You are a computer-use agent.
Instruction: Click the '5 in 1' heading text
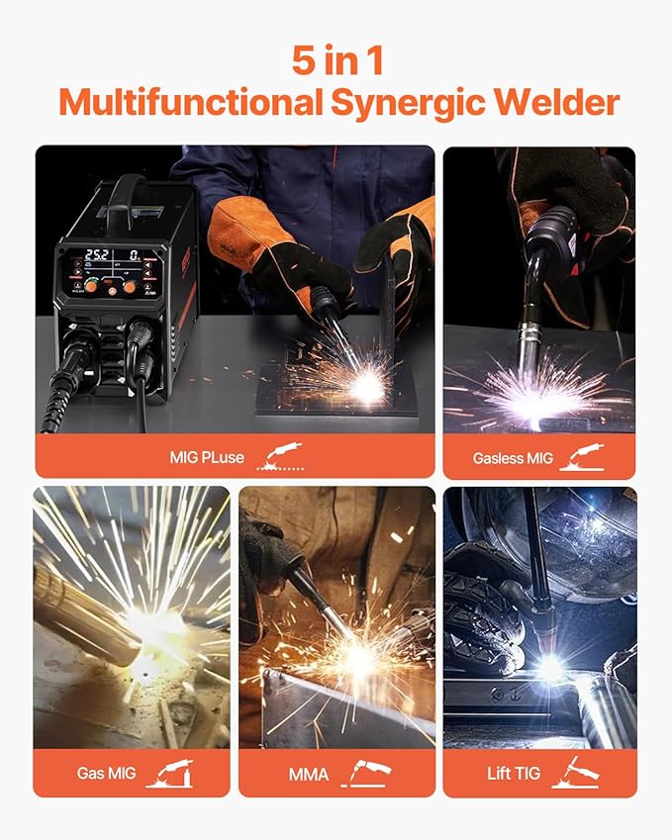point(337,60)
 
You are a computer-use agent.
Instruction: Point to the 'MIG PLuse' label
point(208,458)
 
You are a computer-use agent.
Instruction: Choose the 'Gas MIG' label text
point(108,774)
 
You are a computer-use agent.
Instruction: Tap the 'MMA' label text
point(309,774)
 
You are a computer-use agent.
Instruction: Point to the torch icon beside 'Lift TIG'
point(581,772)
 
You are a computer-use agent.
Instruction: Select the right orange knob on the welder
point(129,286)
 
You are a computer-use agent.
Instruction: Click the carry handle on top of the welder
point(128,190)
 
